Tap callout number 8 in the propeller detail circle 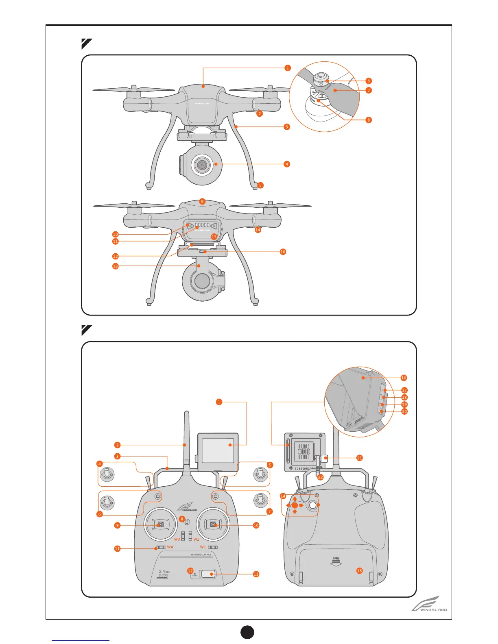tap(369, 120)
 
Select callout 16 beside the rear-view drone tap(283, 252)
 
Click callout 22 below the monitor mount tap(320, 477)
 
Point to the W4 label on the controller tap(170, 547)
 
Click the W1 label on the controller tap(203, 547)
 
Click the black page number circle tap(247, 632)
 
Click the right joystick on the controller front tap(213, 525)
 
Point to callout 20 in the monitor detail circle tap(404, 411)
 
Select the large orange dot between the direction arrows tap(295, 505)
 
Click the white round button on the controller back tap(312, 505)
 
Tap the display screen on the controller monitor tap(218, 450)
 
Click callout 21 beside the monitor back tap(359, 458)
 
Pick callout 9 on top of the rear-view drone tap(202, 201)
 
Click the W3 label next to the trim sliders tap(177, 540)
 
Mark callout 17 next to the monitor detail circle tap(404, 390)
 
